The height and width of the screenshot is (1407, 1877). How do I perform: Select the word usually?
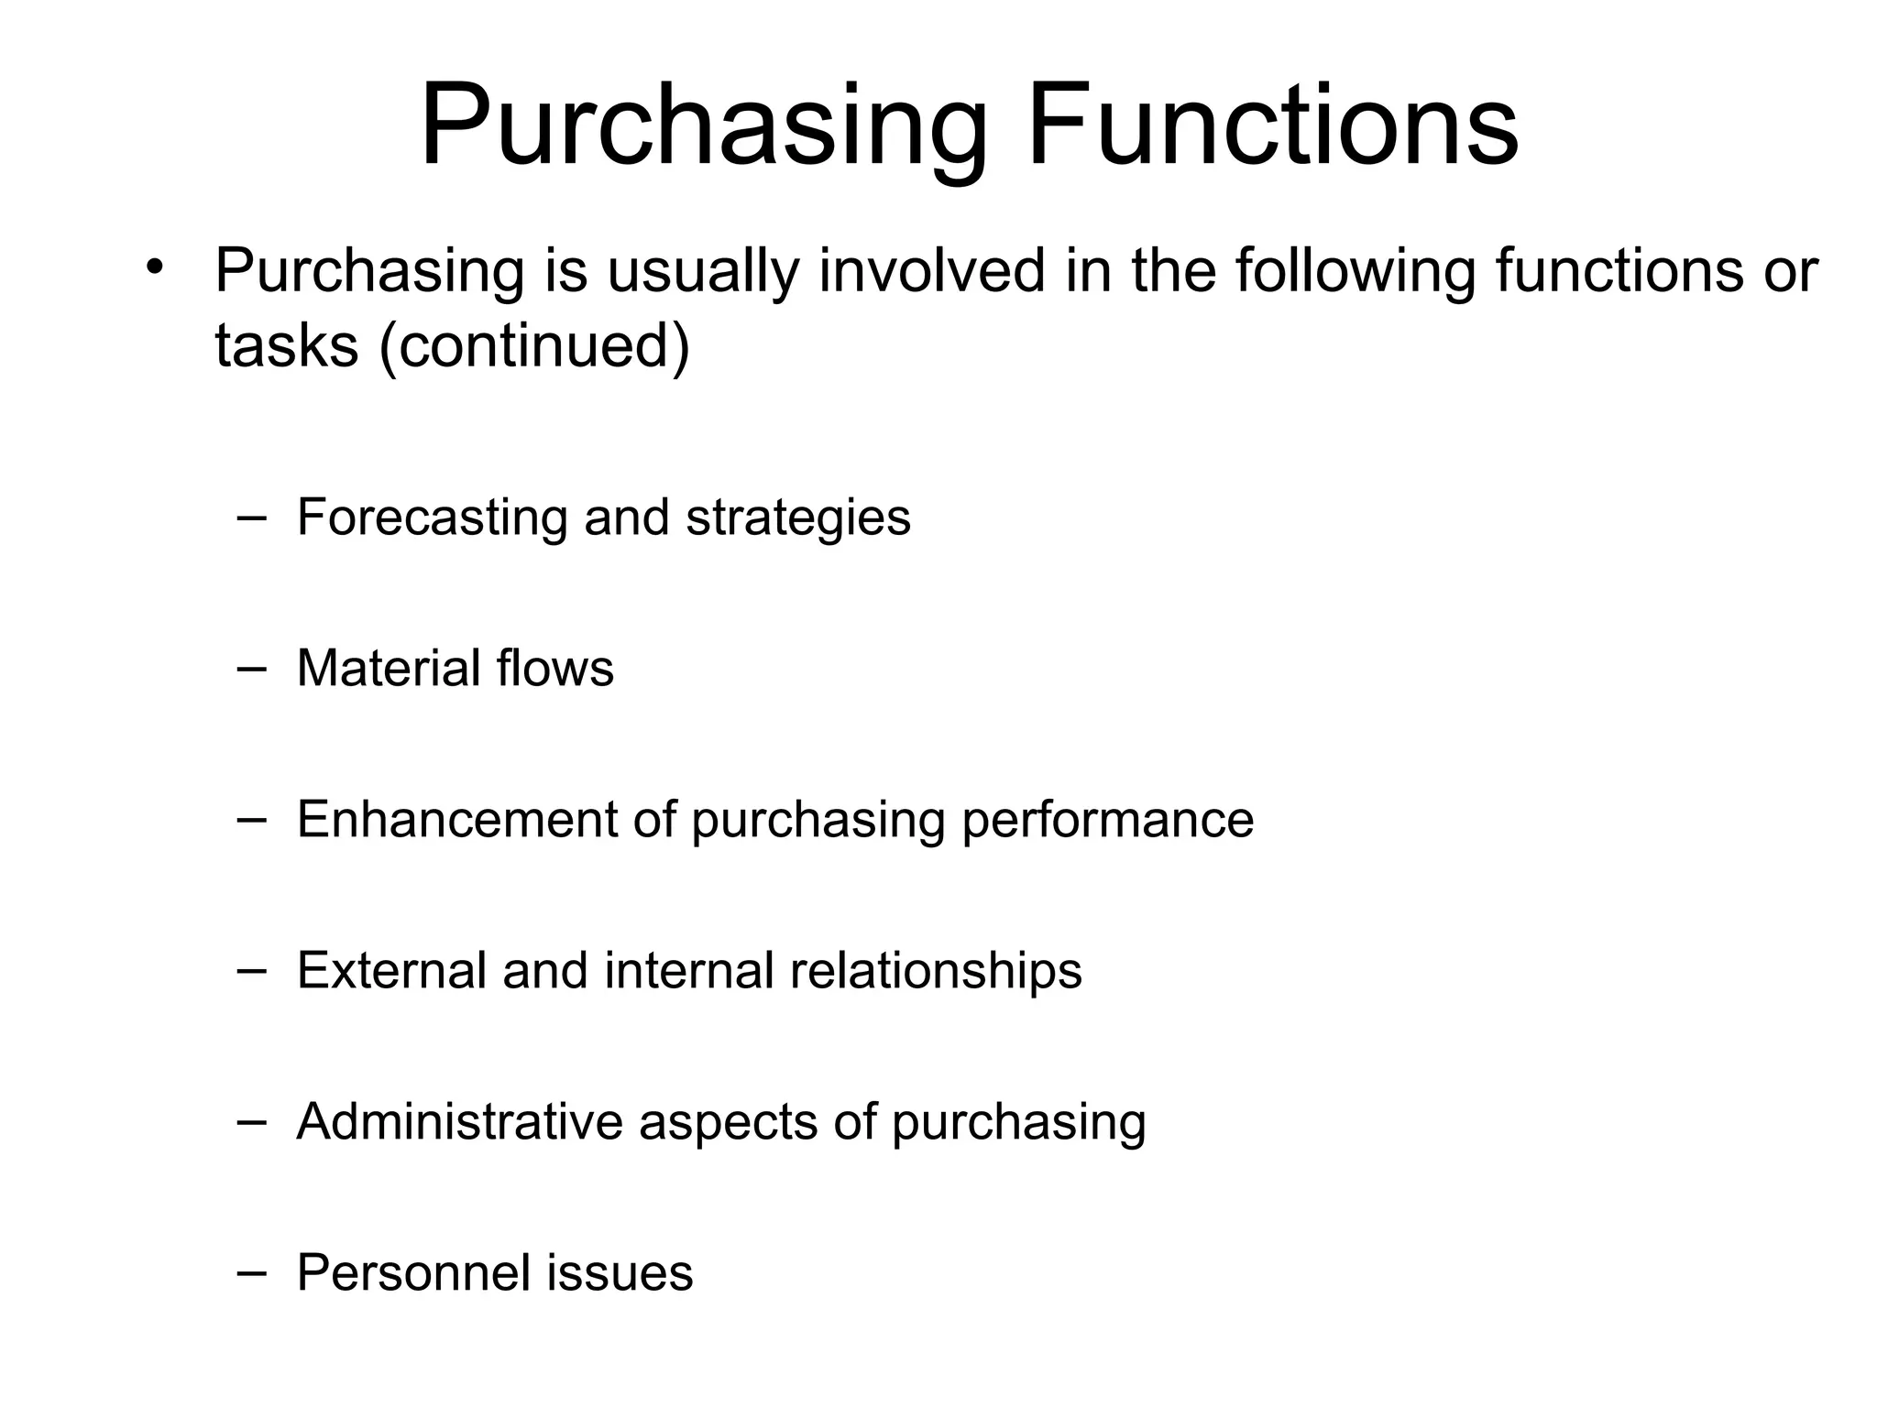tap(703, 272)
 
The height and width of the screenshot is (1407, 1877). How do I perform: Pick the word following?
tap(1355, 272)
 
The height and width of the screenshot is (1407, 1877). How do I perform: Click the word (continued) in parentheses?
tap(533, 347)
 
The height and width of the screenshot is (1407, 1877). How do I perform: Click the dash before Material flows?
tap(250, 668)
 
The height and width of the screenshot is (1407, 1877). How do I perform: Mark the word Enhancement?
tap(457, 819)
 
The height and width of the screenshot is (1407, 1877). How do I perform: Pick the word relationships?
tap(935, 971)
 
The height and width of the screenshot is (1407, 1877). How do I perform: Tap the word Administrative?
tap(459, 1121)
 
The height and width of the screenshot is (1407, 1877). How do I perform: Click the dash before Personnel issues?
tap(250, 1272)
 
